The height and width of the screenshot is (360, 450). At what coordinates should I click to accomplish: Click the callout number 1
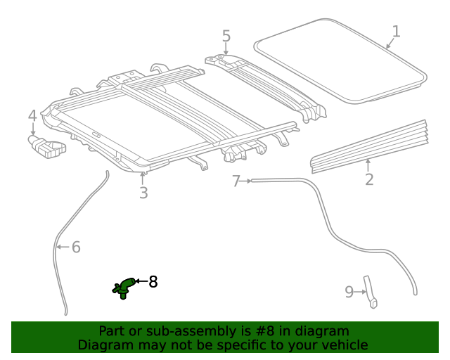point(396,32)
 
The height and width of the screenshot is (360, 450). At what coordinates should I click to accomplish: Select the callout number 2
point(369,179)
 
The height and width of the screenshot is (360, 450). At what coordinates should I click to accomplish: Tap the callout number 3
point(143,193)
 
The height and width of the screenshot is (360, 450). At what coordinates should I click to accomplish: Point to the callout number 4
point(32,116)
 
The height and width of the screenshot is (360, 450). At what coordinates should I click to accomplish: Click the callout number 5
point(226,36)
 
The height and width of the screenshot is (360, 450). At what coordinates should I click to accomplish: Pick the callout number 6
point(76,247)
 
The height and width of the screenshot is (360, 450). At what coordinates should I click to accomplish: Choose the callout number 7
point(236,181)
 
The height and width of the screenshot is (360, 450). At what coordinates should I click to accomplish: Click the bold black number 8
point(153,282)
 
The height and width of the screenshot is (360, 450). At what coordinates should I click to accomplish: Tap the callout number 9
point(349,292)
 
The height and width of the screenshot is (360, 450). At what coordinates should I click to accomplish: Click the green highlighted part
point(124,288)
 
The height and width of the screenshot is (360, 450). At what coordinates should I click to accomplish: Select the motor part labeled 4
point(47,147)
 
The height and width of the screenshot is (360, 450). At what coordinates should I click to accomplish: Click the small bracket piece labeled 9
point(371,292)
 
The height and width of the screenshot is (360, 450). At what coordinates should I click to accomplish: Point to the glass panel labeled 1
point(340,61)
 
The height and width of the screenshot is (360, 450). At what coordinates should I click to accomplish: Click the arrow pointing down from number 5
point(226,49)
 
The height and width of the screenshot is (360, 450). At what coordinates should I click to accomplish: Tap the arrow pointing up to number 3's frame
point(142,179)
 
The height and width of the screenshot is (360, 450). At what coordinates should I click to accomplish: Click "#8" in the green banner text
point(265,331)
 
